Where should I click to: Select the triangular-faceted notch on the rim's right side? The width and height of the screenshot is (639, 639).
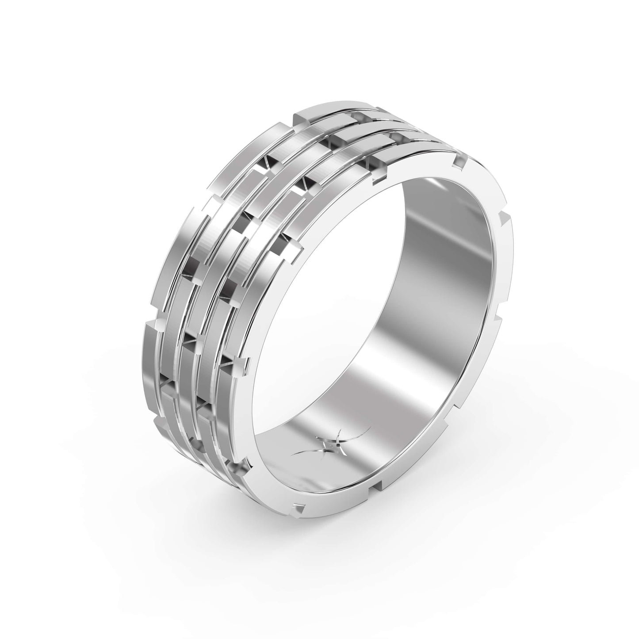504,218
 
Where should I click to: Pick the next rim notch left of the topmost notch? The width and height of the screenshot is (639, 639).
378,179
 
